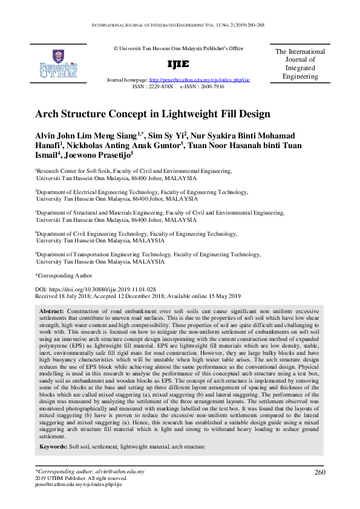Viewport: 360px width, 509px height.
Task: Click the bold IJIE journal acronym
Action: (178, 64)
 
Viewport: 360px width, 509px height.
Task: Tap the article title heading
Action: (152, 113)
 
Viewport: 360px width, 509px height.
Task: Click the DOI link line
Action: (96, 290)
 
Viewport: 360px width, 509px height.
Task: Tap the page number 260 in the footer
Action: (321, 472)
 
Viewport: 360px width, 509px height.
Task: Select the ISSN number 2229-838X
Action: (162, 86)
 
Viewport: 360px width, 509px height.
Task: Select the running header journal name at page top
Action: (180, 27)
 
